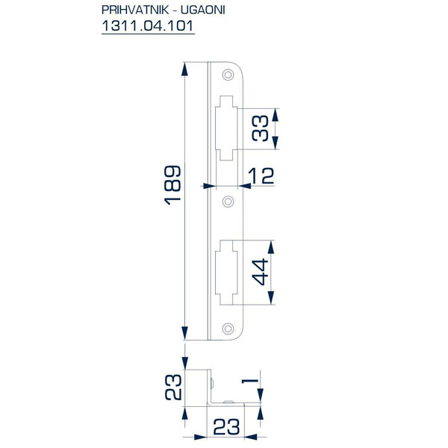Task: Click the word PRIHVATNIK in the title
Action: pos(135,10)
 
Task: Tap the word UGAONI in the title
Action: pos(203,10)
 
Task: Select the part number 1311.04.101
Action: pos(148,26)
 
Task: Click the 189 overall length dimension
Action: pos(172,185)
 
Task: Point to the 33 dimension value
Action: pos(261,128)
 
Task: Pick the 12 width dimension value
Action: pos(261,175)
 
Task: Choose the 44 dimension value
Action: pos(261,272)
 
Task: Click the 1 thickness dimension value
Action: pos(250,381)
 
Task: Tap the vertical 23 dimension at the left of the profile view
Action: pos(173,387)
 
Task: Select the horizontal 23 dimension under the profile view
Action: pos(226,427)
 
